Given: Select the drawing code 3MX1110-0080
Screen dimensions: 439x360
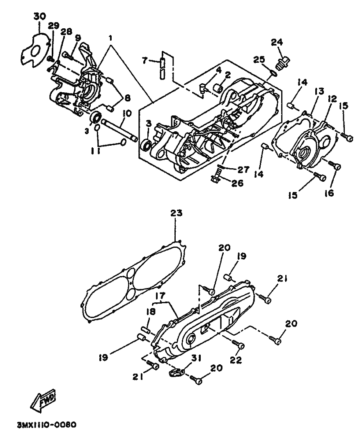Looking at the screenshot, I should [46, 425].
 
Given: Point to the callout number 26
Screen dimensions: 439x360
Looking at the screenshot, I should [237, 183].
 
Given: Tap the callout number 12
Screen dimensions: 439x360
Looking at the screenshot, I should [331, 99].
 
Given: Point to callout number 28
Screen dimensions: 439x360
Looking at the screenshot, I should [65, 32].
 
